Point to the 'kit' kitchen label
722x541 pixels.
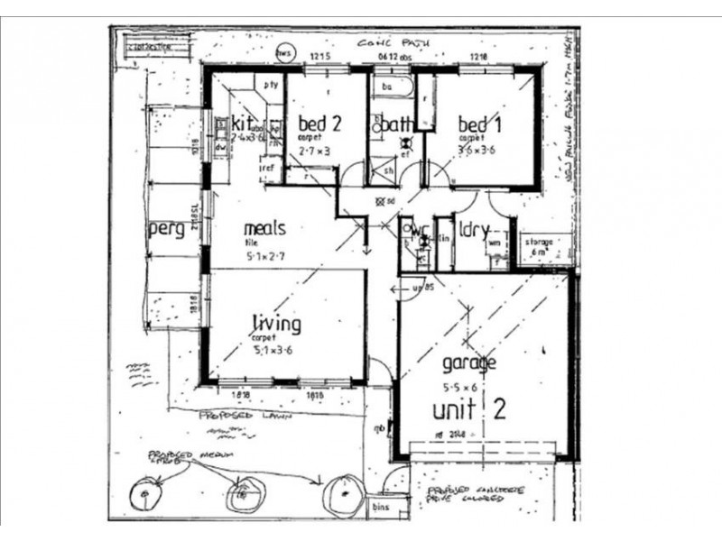pyautogui.click(x=241, y=122)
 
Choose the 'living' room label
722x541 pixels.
pyautogui.click(x=276, y=323)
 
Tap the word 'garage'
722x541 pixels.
pyautogui.click(x=468, y=364)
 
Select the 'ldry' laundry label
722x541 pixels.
pyautogui.click(x=473, y=228)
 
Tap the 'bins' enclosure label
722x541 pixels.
pyautogui.click(x=383, y=509)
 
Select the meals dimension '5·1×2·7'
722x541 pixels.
pyautogui.click(x=270, y=257)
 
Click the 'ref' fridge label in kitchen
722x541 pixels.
pyautogui.click(x=267, y=168)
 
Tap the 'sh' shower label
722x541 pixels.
pyautogui.click(x=387, y=168)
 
